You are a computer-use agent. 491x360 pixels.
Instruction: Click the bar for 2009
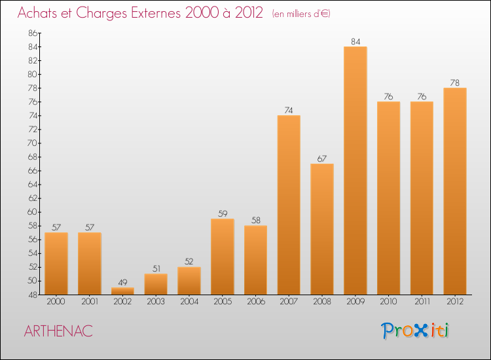pos(355,170)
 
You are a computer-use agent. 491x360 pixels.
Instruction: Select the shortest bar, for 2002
pos(123,291)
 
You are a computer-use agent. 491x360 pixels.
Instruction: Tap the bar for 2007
pos(289,205)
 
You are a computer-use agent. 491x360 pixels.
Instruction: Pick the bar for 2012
pos(455,191)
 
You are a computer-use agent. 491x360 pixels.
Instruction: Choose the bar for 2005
pos(223,257)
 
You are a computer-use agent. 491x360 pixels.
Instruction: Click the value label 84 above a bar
pos(355,42)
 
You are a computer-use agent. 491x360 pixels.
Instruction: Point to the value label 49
pos(123,282)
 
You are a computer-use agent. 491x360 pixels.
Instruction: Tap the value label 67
pos(322,158)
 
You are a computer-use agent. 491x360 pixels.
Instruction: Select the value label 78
pos(455,83)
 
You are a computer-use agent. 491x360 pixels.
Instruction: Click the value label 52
pos(189,262)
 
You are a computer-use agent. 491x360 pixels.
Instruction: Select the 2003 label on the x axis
pos(156,302)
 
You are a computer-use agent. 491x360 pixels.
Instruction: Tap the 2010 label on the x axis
pos(389,302)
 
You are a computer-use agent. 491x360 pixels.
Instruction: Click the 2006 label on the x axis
pos(256,302)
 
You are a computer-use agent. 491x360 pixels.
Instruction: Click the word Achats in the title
pos(40,13)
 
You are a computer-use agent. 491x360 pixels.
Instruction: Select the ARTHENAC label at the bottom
pos(58,331)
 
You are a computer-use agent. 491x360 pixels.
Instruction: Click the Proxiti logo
pos(416,331)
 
